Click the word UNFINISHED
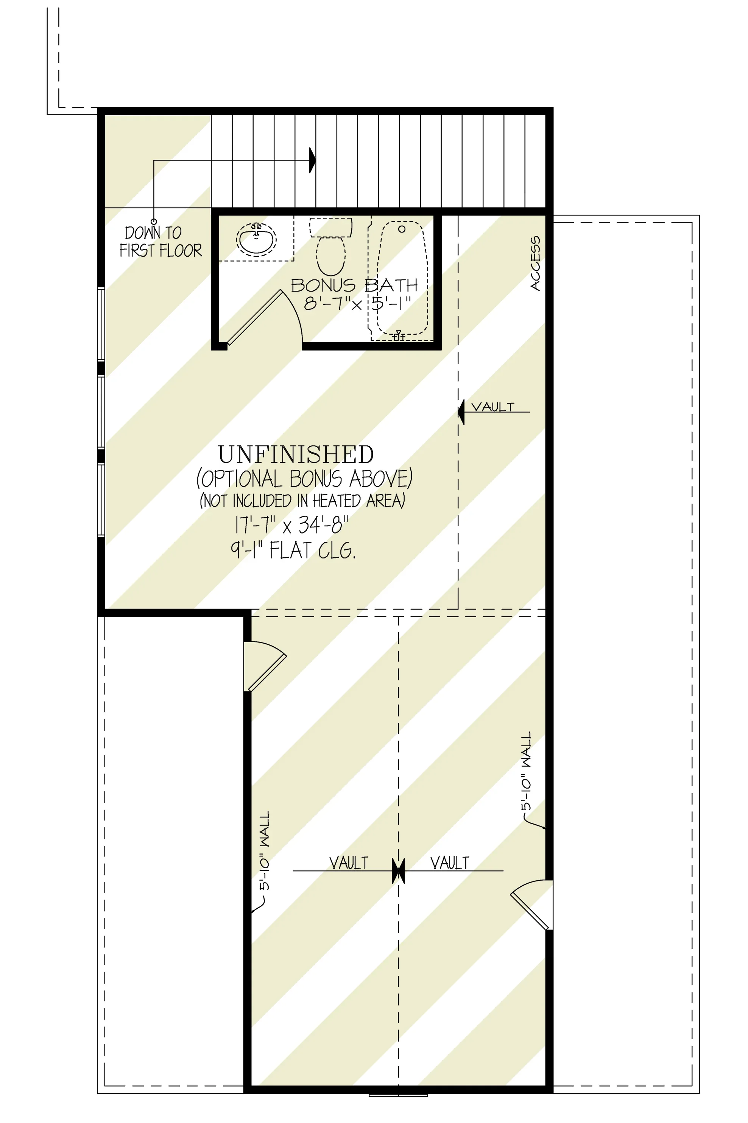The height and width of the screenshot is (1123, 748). click(x=296, y=454)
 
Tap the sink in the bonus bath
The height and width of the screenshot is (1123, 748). click(x=256, y=239)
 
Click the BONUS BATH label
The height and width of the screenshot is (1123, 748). click(x=354, y=285)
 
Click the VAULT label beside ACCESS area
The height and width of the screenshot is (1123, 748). click(x=493, y=407)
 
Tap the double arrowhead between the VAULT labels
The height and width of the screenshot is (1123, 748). click(x=398, y=870)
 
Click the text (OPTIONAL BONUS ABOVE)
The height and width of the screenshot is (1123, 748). click(x=304, y=479)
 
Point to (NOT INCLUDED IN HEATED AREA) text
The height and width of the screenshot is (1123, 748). click(x=302, y=501)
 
